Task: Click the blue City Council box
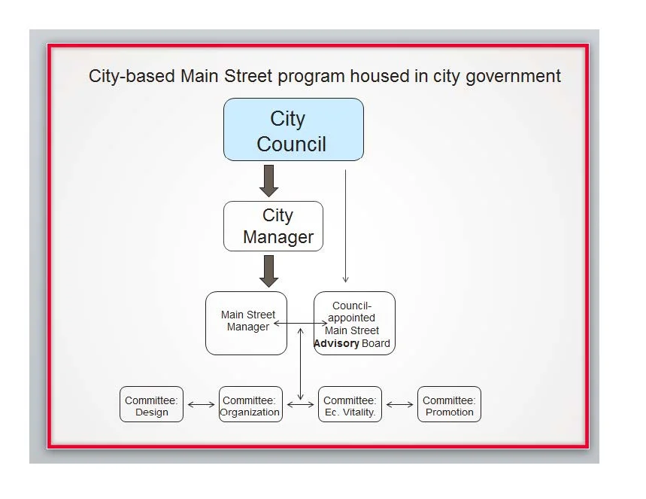pos(293,129)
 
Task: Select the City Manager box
pos(273,226)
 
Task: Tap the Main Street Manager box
pos(247,324)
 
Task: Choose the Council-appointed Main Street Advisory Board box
pos(354,324)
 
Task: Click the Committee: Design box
pos(152,404)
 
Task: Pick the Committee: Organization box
pos(251,404)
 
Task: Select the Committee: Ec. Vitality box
pos(350,404)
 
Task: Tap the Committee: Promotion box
pos(449,404)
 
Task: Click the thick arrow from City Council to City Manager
pos(269,181)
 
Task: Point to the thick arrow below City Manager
pos(269,272)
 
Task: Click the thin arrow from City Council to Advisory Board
pos(345,226)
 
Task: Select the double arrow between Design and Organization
pos(201,405)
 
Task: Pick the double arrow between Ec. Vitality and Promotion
pos(399,405)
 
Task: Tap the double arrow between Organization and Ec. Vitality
pos(300,405)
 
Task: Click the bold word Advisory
pos(336,343)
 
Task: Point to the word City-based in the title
pos(132,76)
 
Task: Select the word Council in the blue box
pos(291,144)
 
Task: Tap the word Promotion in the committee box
pos(450,412)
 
